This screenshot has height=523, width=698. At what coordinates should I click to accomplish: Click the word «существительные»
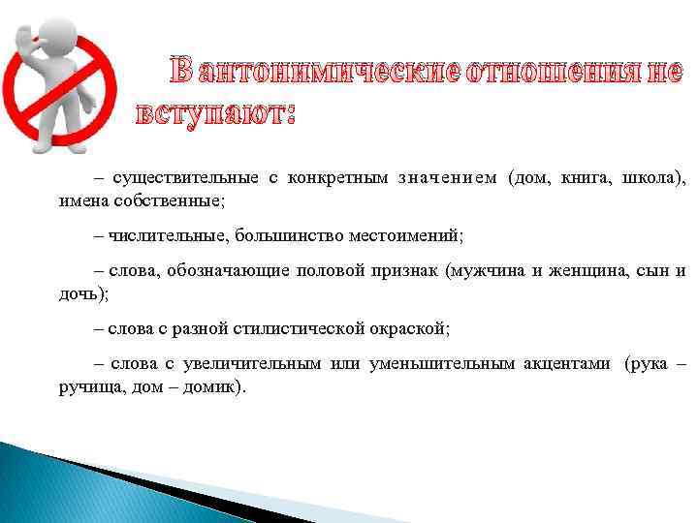pos(186,178)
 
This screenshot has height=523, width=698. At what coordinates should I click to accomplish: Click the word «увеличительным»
pos(244,364)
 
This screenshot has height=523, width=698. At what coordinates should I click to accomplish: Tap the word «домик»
pos(218,386)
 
